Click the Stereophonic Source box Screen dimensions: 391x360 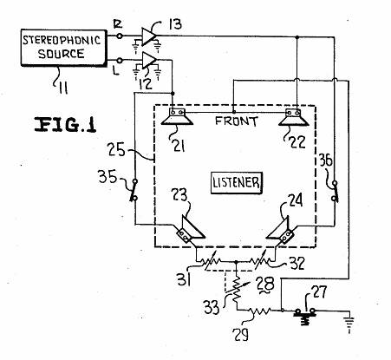click(64, 48)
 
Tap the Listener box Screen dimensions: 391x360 click(237, 183)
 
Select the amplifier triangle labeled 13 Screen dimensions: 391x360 click(149, 36)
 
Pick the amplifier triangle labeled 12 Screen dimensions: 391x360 click(149, 60)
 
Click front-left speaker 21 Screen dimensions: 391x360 click(177, 116)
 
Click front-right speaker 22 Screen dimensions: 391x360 click(294, 117)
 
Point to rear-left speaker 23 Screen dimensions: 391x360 click(189, 230)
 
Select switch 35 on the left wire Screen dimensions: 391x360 click(134, 190)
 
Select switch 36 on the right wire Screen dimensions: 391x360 click(335, 191)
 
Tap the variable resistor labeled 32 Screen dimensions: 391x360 click(260, 261)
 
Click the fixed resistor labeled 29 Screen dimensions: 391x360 click(259, 311)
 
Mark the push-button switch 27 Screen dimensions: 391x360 click(304, 315)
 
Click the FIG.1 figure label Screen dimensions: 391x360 click(65, 125)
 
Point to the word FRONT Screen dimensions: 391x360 click(237, 121)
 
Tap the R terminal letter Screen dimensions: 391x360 click(118, 24)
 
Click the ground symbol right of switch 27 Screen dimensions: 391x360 click(349, 323)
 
